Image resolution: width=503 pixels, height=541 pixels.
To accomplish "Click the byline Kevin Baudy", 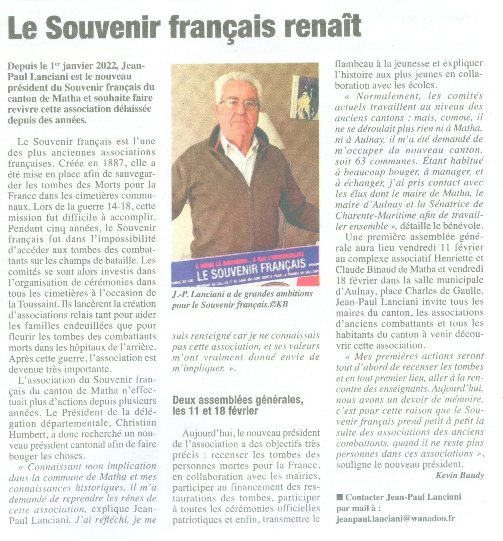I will (x=460, y=475).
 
